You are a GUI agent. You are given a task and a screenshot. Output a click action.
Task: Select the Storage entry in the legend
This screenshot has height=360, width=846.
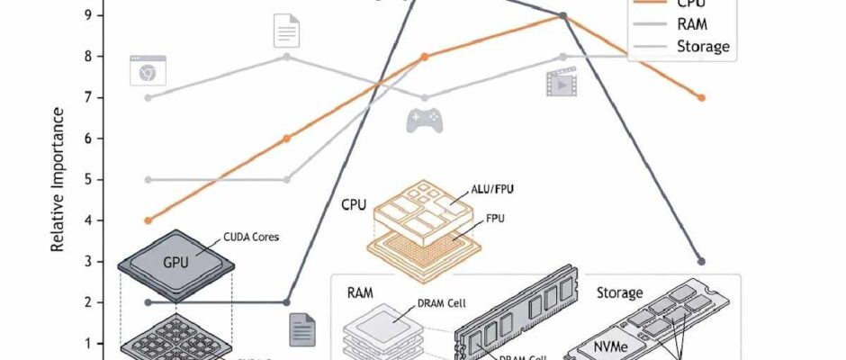701,46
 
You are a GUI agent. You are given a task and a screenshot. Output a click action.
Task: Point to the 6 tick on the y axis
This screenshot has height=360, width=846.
86,139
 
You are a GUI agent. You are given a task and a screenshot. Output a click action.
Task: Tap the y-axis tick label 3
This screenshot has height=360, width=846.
86,262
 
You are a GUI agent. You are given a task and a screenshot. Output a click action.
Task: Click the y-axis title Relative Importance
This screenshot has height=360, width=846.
58,180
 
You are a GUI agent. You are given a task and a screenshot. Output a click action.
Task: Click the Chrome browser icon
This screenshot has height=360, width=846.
148,70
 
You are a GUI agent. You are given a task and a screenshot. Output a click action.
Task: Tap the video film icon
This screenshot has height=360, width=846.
560,84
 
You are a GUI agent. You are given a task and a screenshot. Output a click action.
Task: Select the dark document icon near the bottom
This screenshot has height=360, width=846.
301,331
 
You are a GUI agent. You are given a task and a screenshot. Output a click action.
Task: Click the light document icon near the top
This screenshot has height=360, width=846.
286,31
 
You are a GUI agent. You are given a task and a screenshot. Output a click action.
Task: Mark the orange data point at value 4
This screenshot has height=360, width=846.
148,220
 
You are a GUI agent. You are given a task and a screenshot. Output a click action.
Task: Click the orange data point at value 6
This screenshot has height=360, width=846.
287,139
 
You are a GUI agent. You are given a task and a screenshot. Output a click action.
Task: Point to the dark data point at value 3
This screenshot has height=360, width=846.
701,262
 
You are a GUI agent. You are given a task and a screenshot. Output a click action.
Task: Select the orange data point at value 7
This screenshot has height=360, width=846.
701,97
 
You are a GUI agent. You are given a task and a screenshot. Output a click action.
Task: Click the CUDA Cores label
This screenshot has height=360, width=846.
251,238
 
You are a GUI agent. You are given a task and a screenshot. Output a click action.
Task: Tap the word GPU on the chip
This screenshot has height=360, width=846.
175,263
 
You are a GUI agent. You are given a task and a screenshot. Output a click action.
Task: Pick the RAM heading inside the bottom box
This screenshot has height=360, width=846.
360,293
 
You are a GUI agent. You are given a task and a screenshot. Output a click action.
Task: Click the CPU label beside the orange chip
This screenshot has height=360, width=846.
354,204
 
